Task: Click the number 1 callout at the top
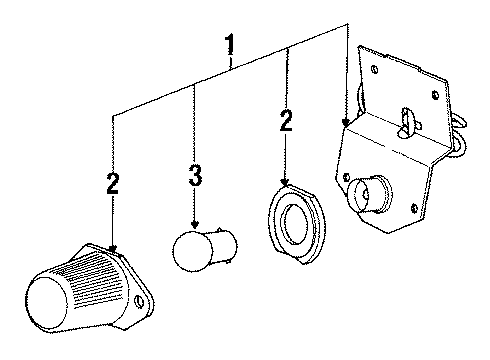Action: [x=230, y=45]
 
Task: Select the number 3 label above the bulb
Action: [x=195, y=178]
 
